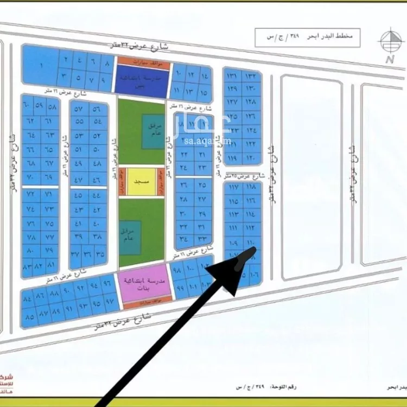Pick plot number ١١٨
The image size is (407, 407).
click(251, 188)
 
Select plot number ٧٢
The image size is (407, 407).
click(30, 194)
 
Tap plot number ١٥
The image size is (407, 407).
click(203, 92)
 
